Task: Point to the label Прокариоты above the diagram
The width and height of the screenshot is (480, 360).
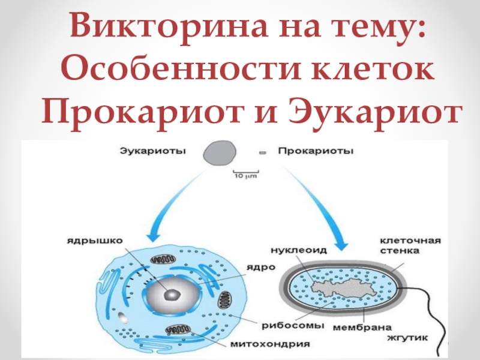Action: pos(316,151)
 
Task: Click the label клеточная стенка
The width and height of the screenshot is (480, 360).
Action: pos(410,246)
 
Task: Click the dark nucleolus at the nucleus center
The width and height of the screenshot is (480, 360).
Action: pos(172,294)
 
